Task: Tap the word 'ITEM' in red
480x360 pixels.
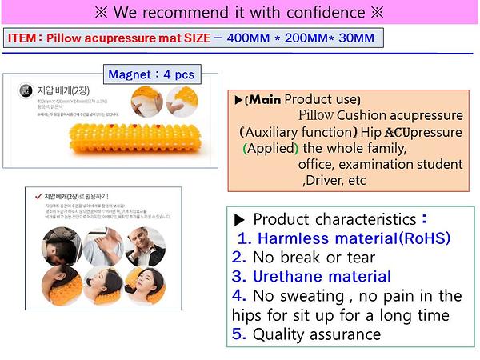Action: click(x=23, y=38)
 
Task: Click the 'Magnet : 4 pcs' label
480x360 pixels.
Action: click(x=151, y=74)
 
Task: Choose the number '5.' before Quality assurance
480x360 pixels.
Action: click(x=238, y=334)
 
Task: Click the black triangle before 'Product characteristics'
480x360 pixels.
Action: click(x=238, y=220)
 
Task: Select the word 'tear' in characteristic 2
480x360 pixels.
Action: click(x=363, y=258)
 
